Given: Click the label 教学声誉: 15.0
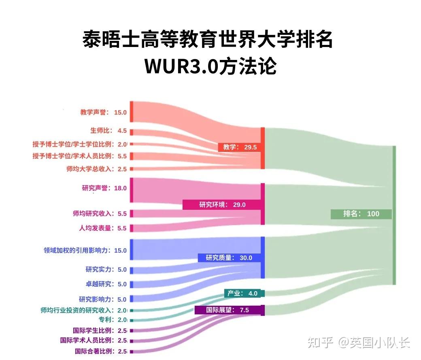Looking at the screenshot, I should [x=103, y=112].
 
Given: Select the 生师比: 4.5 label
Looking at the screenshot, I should [x=108, y=131].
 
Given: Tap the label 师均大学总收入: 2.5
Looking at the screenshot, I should [x=96, y=169].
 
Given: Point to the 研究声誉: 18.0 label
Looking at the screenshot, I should [x=104, y=188].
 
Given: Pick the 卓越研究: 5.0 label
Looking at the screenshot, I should [x=106, y=284].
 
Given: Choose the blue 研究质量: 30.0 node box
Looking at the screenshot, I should [x=229, y=258].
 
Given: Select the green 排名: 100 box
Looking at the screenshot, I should [x=361, y=213].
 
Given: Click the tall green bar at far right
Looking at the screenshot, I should [x=394, y=215].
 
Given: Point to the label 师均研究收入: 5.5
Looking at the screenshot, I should [x=100, y=213].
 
